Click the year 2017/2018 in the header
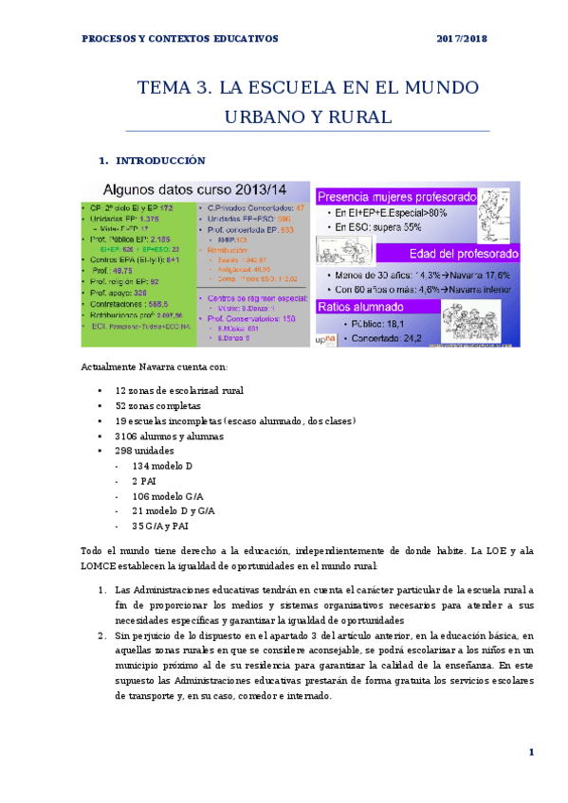tap(464, 39)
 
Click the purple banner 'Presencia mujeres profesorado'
tap(396, 198)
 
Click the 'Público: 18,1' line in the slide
tap(390, 323)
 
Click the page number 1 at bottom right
tap(532, 752)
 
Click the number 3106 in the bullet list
tap(129, 436)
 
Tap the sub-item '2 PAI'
tap(148, 481)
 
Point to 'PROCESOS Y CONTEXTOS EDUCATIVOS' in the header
tap(180, 39)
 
